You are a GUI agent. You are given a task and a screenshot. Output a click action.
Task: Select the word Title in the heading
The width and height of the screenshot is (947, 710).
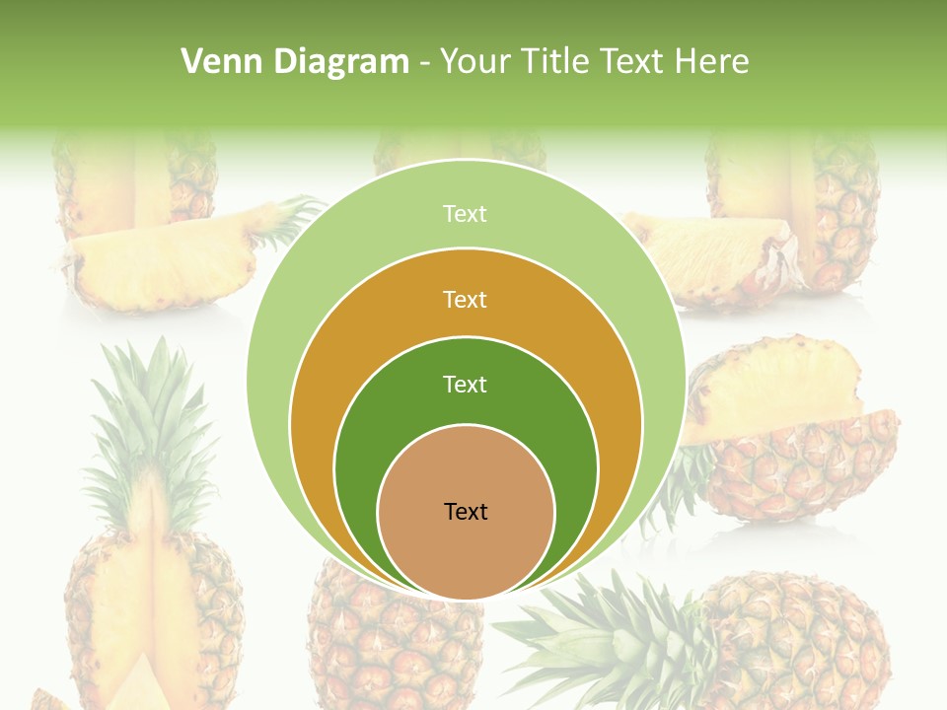coord(558,62)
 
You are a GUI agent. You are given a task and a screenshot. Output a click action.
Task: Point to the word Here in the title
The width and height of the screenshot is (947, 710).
coord(711,62)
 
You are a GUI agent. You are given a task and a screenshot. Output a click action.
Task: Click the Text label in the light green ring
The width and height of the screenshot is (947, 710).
coord(465,214)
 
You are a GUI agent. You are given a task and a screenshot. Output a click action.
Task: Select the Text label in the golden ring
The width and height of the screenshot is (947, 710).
coord(465,299)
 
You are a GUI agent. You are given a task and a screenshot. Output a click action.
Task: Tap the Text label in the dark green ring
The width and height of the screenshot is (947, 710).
coord(465,384)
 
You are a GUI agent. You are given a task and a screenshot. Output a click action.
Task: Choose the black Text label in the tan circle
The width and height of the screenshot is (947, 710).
coord(466,511)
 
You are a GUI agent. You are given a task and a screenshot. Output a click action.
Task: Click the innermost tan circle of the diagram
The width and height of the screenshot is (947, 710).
coord(466,552)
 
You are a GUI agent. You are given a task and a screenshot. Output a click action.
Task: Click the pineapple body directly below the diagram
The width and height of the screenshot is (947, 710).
coord(395,646)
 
